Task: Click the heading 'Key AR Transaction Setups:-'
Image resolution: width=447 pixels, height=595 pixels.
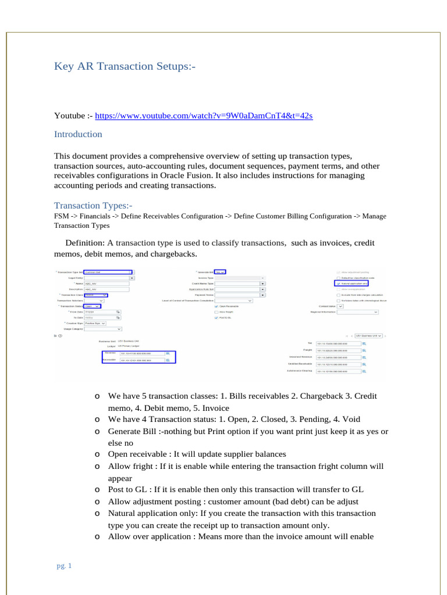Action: pyautogui.click(x=125, y=66)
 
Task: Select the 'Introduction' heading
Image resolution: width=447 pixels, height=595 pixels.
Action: pyautogui.click(x=78, y=134)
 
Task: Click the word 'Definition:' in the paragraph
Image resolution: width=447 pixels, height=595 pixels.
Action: pyautogui.click(x=84, y=242)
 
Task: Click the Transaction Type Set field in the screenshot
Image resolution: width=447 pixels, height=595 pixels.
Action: pyautogui.click(x=107, y=272)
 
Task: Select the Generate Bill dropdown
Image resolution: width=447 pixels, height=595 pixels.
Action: pyautogui.click(x=220, y=272)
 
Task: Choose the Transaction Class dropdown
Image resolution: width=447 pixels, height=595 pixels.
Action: pyautogui.click(x=96, y=295)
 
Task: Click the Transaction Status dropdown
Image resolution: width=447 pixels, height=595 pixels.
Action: pyautogui.click(x=92, y=306)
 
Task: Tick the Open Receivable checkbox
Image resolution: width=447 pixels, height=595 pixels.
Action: pyautogui.click(x=217, y=306)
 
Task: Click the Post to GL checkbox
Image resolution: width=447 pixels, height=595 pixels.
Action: pyautogui.click(x=217, y=318)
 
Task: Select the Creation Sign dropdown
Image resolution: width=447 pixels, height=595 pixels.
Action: pyautogui.click(x=96, y=323)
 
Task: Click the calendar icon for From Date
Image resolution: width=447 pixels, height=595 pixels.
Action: pyautogui.click(x=118, y=312)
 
